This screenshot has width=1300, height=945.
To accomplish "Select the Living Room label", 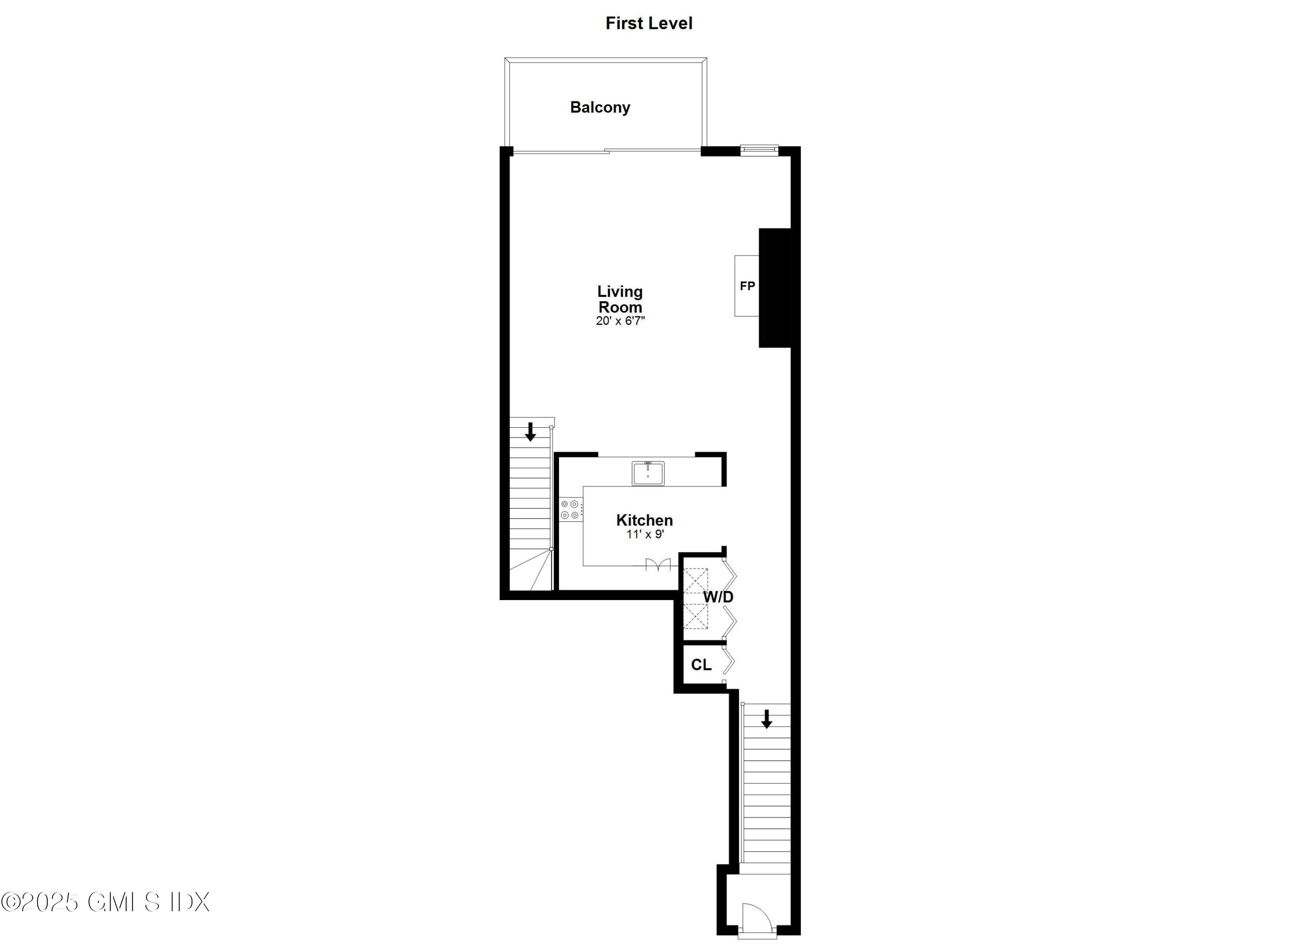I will coord(620,299).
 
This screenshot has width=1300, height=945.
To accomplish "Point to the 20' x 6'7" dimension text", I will coord(620,321).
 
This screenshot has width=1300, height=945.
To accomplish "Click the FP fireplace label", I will coord(747,286).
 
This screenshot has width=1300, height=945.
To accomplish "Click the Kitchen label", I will coord(644,520).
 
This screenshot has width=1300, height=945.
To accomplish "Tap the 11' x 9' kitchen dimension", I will coord(645,534).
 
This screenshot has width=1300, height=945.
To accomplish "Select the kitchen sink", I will coord(648,473).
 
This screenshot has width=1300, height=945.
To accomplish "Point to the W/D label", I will coord(718,597).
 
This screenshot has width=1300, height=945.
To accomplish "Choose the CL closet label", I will coord(701,665).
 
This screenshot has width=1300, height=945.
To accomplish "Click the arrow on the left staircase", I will coord(530,432).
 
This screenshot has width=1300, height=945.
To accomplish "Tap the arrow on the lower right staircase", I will coord(767,719).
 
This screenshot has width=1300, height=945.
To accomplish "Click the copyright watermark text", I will coord(105,901).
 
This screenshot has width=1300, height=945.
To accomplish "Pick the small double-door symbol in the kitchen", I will coord(657,565).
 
